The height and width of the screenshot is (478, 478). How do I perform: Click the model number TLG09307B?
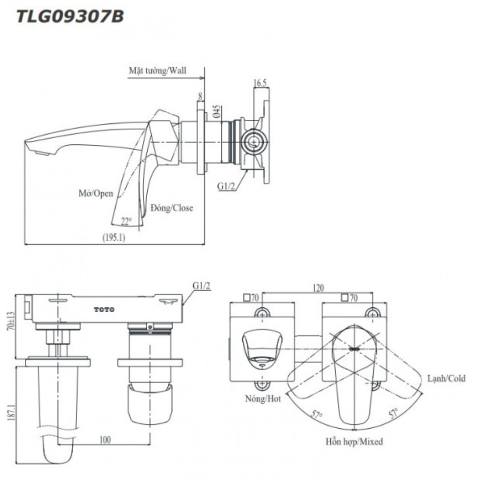click(x=70, y=17)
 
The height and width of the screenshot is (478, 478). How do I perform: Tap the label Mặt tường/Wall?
click(x=158, y=70)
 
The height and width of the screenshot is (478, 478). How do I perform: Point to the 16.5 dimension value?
click(x=261, y=83)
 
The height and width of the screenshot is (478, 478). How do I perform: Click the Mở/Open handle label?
click(x=96, y=194)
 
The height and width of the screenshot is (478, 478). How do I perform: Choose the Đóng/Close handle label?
click(x=172, y=208)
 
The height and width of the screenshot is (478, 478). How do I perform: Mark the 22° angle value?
click(x=126, y=221)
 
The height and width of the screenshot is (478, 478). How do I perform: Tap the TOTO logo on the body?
click(x=104, y=309)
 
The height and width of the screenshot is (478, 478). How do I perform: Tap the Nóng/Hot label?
click(x=262, y=398)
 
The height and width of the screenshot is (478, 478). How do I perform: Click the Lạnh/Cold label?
click(x=446, y=379)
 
